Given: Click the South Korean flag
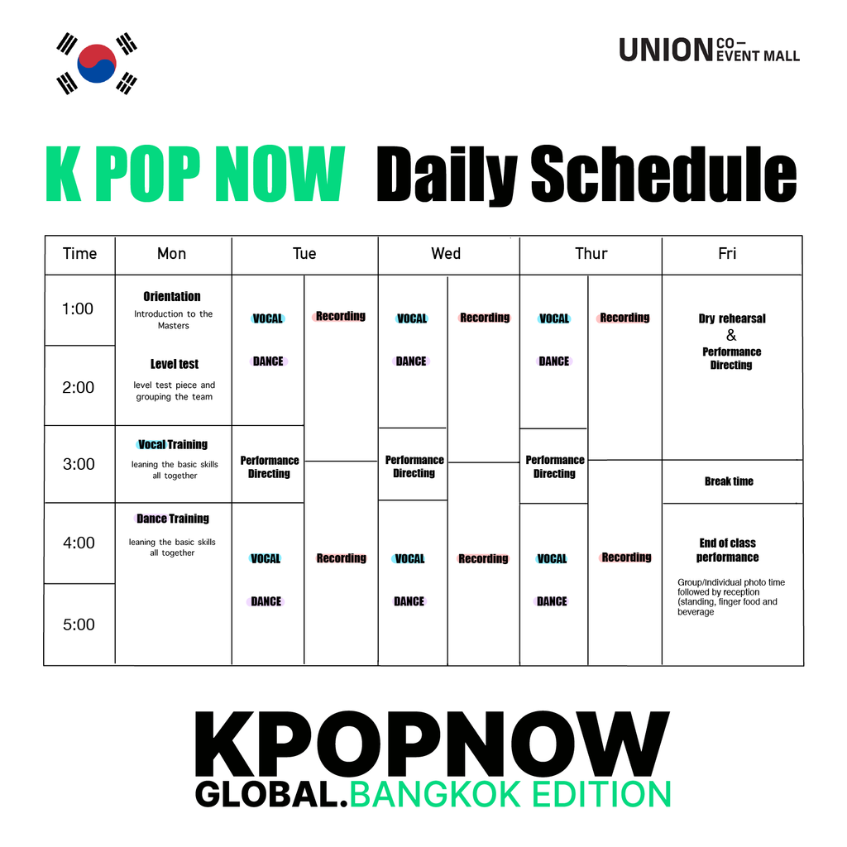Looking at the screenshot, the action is click(x=97, y=63).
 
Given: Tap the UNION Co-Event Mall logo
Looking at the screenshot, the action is click(x=709, y=50).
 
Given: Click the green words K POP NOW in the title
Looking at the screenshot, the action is click(x=195, y=174).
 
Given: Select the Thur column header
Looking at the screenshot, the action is click(x=591, y=253).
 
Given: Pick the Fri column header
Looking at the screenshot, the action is click(x=727, y=253).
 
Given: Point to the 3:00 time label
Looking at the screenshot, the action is click(x=79, y=464).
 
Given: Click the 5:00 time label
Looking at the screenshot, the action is click(x=79, y=624).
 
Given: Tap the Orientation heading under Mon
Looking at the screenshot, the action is click(x=172, y=297).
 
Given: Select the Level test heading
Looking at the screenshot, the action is click(x=175, y=364).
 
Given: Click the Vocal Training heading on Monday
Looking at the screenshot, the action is click(x=173, y=444).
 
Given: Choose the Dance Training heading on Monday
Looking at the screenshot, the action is click(x=173, y=519).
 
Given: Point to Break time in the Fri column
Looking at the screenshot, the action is click(x=729, y=481).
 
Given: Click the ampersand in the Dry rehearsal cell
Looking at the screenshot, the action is click(x=731, y=336).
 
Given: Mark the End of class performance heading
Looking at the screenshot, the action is click(x=728, y=550).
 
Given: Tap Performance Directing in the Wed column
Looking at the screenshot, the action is click(x=414, y=467).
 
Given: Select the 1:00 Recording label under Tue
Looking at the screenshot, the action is click(x=340, y=316).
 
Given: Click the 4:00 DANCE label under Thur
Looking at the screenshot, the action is click(x=552, y=601).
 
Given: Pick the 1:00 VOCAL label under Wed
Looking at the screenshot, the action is click(x=412, y=318).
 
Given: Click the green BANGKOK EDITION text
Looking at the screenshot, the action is click(x=510, y=794).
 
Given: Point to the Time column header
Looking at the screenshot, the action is click(x=80, y=253).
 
